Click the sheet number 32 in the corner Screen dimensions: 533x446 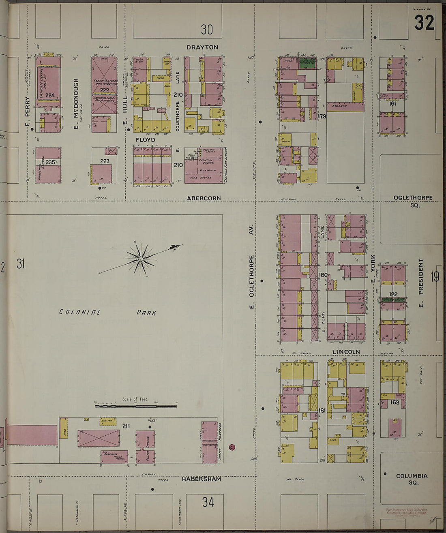424,23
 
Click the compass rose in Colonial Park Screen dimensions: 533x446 140,259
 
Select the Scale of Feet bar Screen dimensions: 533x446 135,405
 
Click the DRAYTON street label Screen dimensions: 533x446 202,47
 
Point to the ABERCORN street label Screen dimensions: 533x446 204,198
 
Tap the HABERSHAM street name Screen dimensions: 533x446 201,479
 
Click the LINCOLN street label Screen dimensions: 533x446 346,352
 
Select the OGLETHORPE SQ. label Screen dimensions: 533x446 413,201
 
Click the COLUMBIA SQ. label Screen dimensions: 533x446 412,479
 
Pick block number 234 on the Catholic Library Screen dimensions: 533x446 50,96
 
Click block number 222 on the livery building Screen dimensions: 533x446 105,90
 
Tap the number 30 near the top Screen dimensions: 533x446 207,30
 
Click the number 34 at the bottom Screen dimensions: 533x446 208,502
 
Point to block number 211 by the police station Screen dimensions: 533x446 126,426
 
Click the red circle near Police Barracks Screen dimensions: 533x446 232,447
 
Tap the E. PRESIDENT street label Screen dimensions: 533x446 421,283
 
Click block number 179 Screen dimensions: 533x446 322,116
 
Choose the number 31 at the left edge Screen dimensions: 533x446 21,264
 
